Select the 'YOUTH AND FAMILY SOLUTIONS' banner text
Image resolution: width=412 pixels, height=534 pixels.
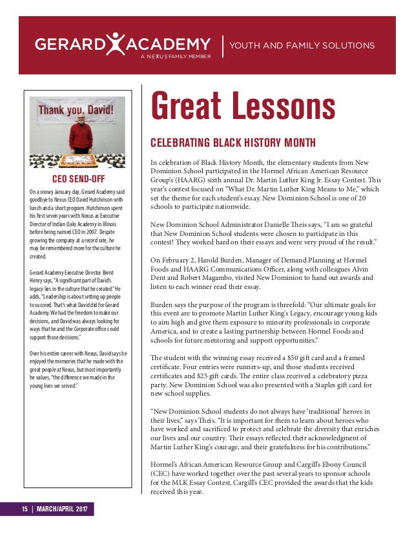tap(303, 45)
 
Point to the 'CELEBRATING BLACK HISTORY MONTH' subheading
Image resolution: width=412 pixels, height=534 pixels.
tap(233, 142)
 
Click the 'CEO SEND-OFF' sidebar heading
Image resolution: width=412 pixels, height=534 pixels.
tap(78, 178)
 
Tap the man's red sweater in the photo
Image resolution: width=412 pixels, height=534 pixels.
tap(81, 136)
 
